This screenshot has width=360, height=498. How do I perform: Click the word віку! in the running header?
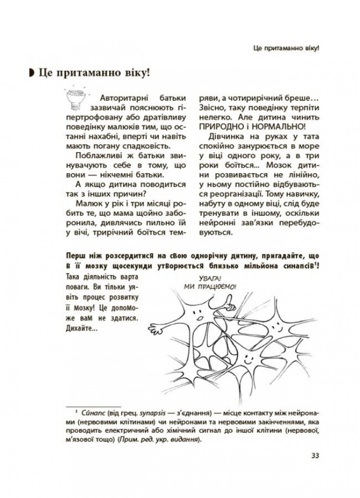pos(309,47)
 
